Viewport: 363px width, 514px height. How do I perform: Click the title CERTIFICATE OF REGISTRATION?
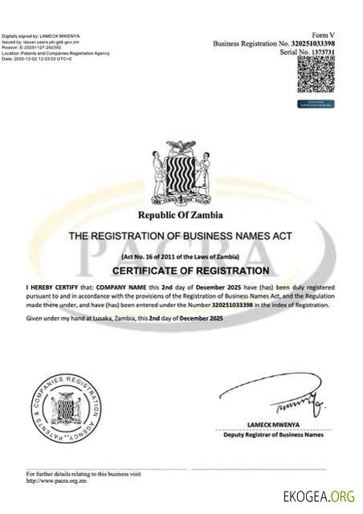click(181, 271)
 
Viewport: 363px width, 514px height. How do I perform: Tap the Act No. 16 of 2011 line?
click(181, 255)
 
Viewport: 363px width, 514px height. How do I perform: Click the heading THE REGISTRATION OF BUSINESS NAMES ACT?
click(181, 236)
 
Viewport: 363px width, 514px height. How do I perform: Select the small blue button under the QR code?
click(316, 104)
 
